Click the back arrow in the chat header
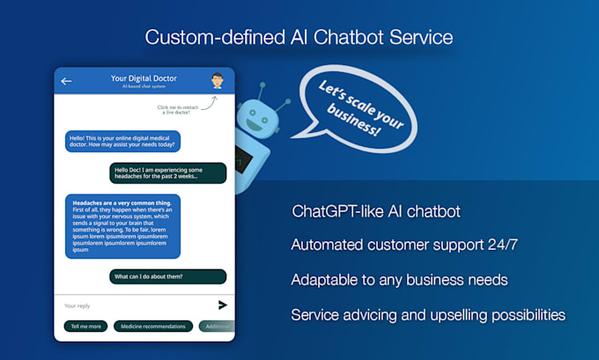point(66,82)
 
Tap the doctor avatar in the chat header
point(217,81)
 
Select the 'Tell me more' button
point(85,327)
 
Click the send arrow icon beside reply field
point(222,305)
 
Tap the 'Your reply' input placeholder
point(78,305)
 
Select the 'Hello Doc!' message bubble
point(168,173)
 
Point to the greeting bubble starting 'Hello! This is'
point(122,141)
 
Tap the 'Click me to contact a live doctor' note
point(180,110)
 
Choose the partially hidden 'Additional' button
point(217,327)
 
